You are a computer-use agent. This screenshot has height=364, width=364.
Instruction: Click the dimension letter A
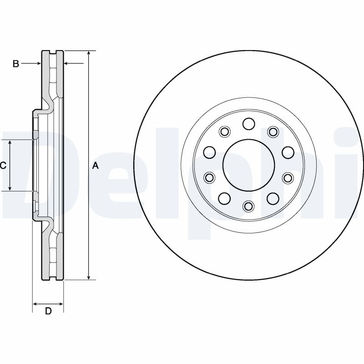96,166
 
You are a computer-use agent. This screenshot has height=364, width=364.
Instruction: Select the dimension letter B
15,64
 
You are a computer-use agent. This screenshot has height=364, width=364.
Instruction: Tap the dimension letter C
3,166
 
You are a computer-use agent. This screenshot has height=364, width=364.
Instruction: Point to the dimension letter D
48,311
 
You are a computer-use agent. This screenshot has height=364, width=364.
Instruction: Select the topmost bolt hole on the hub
248,123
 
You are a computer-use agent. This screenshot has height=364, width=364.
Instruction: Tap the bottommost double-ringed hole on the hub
248,207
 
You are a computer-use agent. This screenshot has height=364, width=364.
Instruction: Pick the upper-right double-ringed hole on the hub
273,132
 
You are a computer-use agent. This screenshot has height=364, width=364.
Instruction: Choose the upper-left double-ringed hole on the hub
224,132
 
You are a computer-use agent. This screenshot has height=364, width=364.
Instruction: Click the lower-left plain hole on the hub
224,198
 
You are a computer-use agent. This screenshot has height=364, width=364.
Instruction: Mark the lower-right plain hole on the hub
273,198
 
